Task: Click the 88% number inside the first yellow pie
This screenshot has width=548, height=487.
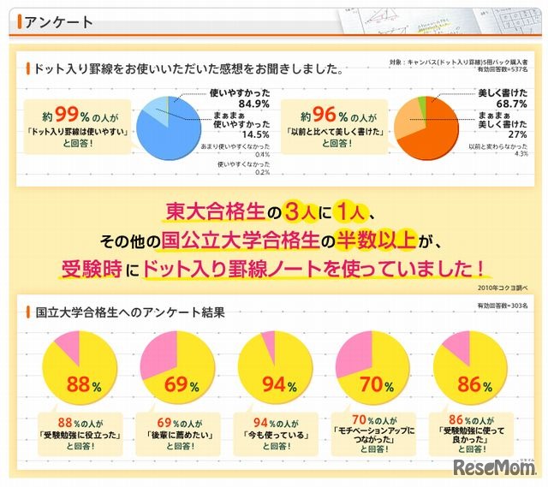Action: pyautogui.click(x=78, y=385)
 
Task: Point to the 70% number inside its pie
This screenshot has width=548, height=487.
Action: pyautogui.click(x=372, y=385)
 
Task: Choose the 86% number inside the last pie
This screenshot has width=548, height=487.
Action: pyautogui.click(x=468, y=385)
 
